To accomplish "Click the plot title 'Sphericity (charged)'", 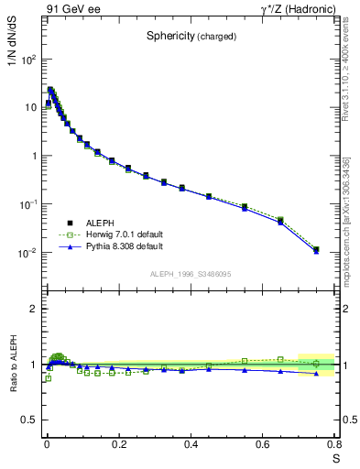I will [191, 37].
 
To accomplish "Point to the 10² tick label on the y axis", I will [27, 60].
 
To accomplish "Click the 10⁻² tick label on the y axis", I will [27, 253].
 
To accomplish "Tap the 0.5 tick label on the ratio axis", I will [31, 420].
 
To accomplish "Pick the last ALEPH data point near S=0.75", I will [316, 249].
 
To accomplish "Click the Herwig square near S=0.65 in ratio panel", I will [280, 359].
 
